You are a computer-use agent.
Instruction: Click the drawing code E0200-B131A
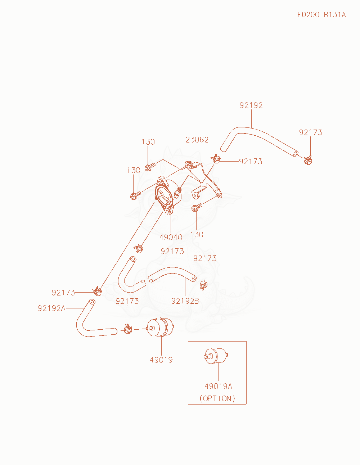tap(321, 15)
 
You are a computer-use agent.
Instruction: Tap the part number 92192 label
tap(251, 105)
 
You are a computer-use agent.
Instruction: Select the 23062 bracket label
tap(197, 140)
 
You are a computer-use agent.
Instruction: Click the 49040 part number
tap(171, 237)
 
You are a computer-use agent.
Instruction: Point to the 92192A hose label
tap(51, 308)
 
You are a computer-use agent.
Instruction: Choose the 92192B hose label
tap(185, 301)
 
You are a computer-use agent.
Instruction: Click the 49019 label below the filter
tap(161, 360)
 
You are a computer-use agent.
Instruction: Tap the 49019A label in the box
tap(218, 386)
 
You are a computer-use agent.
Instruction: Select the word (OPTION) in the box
tap(217, 398)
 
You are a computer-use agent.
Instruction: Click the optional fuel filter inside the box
tap(216, 356)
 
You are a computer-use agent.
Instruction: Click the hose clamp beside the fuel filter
tap(128, 329)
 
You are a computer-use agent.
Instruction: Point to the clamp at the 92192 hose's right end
tap(308, 160)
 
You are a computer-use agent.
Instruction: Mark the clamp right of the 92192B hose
tap(203, 285)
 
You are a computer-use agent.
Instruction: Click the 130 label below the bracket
tap(197, 235)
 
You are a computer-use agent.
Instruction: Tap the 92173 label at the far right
tap(311, 132)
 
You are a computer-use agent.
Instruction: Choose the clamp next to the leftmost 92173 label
tap(97, 291)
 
